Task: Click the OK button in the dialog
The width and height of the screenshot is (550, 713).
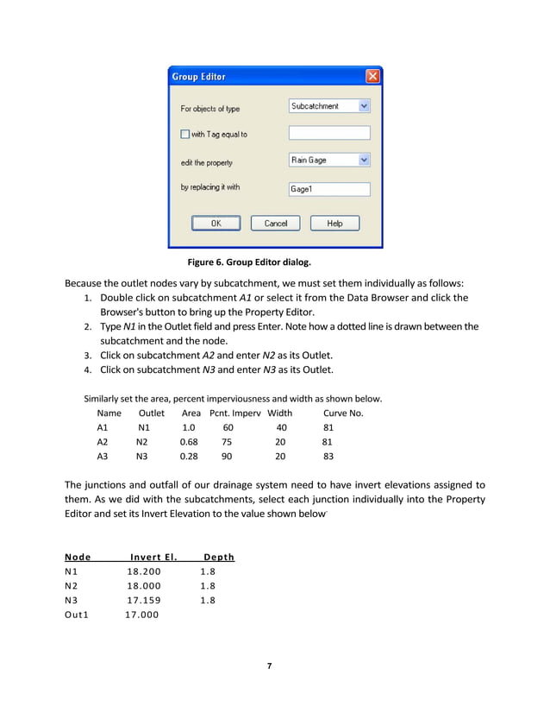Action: pos(216,224)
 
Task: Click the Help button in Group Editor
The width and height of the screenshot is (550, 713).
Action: pos(334,224)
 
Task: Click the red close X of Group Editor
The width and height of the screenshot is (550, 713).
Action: pos(372,77)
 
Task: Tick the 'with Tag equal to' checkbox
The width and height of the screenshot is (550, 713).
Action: pos(184,134)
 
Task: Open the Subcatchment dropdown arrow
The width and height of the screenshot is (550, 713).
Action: pos(364,106)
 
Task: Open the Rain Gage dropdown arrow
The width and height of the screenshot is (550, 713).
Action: pos(364,160)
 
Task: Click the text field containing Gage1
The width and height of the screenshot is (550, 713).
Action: pos(328,189)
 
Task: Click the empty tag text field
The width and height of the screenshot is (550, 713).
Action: pos(328,133)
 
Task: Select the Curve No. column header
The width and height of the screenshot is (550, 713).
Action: pos(343,413)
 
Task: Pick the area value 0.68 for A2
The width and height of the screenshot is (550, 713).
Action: pos(188,442)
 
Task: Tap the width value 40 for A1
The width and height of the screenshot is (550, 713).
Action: pos(281,427)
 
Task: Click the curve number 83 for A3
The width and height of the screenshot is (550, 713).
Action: pos(328,457)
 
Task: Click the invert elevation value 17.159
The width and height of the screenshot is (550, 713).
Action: pos(143,601)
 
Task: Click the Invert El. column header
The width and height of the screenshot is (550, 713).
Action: pos(153,557)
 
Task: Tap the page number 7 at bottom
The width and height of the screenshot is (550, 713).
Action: pos(270,666)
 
